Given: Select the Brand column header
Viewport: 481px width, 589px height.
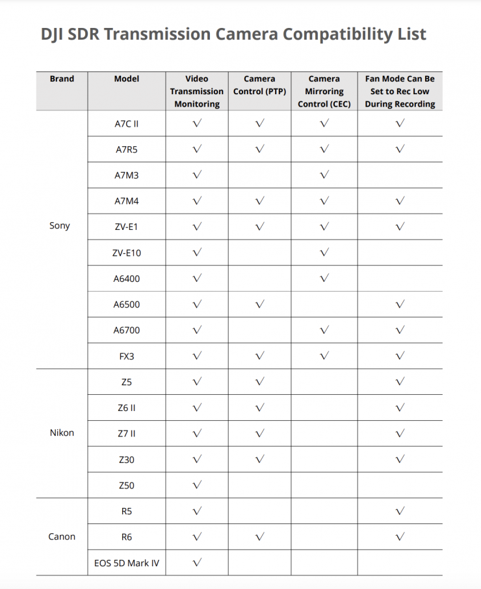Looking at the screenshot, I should click(62, 79).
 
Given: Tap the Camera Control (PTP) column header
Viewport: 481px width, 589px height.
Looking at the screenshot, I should click(259, 85).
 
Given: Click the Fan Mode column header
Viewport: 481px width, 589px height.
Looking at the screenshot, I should click(400, 91).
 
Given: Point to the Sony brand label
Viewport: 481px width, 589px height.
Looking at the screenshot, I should click(60, 226).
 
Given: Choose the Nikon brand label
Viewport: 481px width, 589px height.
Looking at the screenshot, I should click(62, 432).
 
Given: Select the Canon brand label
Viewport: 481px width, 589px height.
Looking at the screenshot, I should click(62, 536).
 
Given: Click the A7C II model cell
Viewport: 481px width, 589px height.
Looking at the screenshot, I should click(126, 123).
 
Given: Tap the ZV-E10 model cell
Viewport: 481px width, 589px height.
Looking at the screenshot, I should click(126, 253).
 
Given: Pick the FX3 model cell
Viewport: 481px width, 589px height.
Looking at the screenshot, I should click(126, 356).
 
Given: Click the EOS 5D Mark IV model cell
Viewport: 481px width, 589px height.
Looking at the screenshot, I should click(126, 562).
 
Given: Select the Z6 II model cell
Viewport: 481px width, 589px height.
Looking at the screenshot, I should click(126, 407).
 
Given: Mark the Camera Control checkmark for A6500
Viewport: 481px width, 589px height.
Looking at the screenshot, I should click(260, 304).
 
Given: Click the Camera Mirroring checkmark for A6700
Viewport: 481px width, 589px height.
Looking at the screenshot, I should click(324, 330).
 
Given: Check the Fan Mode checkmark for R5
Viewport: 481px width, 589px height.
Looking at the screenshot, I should click(400, 510).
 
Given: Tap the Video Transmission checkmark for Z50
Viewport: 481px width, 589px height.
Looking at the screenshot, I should click(197, 484).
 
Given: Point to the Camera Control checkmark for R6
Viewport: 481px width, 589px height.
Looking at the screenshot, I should click(260, 536).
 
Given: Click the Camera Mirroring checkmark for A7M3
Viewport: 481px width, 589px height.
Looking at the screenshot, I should click(324, 175).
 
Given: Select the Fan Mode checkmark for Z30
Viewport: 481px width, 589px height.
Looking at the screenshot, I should click(400, 459).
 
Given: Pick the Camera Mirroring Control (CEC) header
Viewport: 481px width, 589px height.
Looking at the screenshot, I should click(324, 91).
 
